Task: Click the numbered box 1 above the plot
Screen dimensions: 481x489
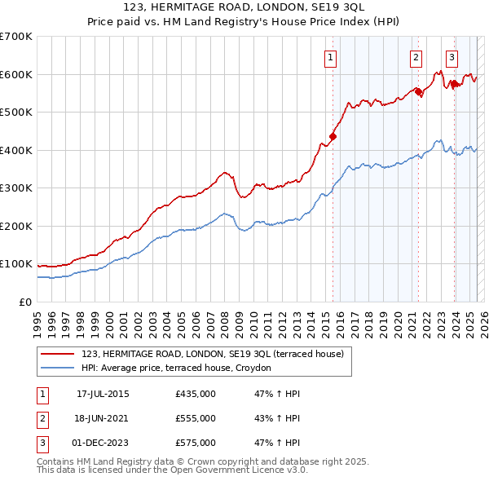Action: pos(331,57)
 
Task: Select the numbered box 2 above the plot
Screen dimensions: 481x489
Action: pos(416,57)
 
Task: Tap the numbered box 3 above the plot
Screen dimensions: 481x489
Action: pos(452,57)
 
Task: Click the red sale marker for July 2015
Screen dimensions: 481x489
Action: pos(333,136)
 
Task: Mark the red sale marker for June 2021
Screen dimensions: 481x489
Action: pos(418,91)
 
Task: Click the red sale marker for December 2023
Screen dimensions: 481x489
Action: pos(454,84)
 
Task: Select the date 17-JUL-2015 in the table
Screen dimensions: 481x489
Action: pos(103,394)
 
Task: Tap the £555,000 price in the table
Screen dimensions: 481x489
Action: pos(196,418)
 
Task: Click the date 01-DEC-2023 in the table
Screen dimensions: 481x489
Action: pos(103,443)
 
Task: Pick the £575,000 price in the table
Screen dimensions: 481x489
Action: pos(196,443)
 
